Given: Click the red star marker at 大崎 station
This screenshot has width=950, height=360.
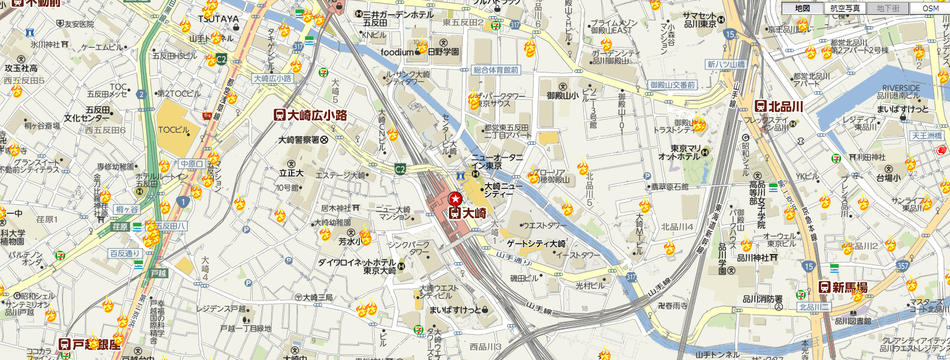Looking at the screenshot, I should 455,199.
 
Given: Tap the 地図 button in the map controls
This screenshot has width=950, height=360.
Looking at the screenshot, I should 802,8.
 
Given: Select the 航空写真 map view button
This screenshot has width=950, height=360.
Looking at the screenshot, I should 845,8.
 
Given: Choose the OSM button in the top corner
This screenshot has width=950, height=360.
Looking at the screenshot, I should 930,8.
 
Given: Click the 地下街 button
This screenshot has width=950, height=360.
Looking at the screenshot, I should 887,8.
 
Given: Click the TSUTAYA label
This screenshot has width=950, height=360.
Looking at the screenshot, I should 217,19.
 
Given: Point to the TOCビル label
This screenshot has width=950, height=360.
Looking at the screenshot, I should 173,130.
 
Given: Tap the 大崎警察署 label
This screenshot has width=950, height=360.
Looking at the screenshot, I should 303,140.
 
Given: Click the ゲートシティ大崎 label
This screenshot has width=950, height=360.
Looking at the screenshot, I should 536,243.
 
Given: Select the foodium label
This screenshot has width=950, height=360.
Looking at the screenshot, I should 396,52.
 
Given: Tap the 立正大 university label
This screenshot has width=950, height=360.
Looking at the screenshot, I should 291,173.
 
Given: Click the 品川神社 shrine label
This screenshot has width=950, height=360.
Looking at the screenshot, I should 753,258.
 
